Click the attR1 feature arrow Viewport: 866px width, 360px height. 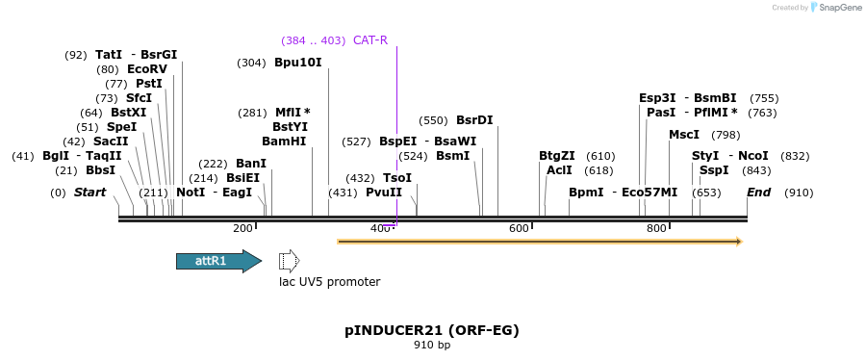click(218, 261)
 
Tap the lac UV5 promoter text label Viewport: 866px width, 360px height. click(329, 282)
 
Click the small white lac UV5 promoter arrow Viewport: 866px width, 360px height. click(289, 261)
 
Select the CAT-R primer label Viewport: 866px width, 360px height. click(370, 40)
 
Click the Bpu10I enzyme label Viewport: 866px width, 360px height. click(298, 63)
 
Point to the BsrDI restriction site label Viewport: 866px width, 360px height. click(474, 120)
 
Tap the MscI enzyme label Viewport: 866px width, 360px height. click(684, 135)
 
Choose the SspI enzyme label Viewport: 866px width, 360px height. click(714, 170)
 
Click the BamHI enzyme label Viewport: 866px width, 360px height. click(284, 141)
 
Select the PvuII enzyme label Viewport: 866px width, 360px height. click(384, 193)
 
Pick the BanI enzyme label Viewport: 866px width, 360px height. click(251, 164)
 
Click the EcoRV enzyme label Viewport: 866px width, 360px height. click(147, 69)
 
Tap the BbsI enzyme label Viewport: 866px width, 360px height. click(100, 170)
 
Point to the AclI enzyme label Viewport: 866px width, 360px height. click(559, 170)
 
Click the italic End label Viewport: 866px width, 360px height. click(759, 193)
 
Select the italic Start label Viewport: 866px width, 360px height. click(89, 193)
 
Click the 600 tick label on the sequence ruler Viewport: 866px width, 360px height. click(520, 228)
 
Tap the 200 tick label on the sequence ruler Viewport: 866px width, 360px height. click(242, 228)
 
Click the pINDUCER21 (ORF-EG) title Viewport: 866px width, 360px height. click(432, 330)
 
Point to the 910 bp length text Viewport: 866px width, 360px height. click(432, 345)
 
